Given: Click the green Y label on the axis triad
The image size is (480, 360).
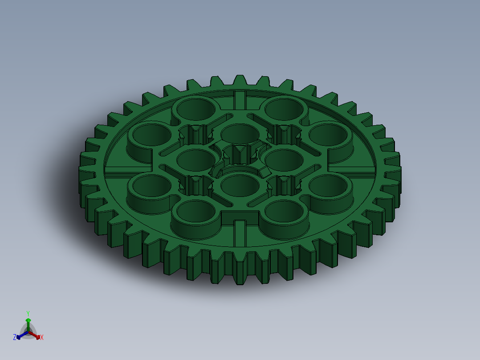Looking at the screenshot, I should (x=28, y=313).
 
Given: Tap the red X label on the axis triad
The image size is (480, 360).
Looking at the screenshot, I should (x=42, y=338).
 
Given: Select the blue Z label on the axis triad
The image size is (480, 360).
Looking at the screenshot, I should (x=15, y=337).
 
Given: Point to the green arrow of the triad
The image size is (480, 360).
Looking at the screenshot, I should (x=28, y=322).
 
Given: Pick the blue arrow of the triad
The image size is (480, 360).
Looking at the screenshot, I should (x=20, y=336).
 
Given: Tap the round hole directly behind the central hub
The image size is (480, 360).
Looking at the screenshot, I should (x=240, y=132).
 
